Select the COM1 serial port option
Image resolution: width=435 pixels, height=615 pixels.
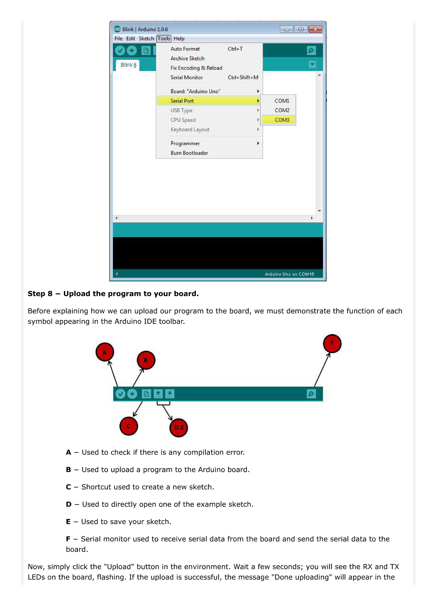click(282, 101)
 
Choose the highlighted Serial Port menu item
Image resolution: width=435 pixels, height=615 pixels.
click(182, 101)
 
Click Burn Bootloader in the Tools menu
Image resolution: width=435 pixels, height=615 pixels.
click(189, 153)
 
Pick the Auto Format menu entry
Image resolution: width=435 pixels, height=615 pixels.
click(185, 49)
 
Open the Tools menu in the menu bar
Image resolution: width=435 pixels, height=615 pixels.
click(164, 39)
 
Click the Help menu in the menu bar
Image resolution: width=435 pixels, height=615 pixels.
click(179, 39)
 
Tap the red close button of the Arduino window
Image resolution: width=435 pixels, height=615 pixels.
click(315, 29)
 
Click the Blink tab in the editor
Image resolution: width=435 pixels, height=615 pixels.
click(128, 65)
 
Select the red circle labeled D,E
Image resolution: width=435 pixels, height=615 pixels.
click(179, 427)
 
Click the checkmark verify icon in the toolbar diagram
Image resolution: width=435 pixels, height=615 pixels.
click(120, 394)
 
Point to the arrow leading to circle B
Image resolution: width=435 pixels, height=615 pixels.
click(138, 378)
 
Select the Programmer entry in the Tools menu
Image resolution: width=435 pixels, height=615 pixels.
click(185, 143)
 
